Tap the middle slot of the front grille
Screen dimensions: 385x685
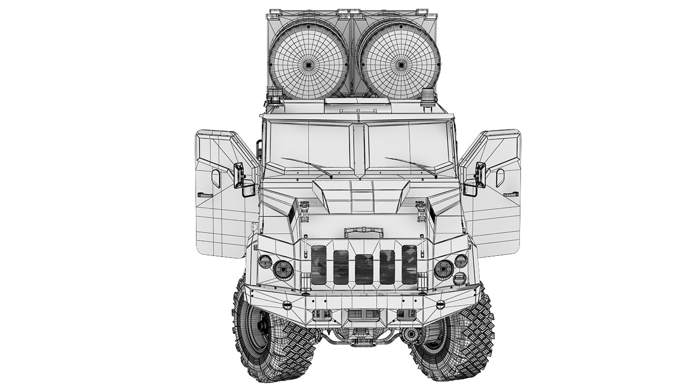(364, 269)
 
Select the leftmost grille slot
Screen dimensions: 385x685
(319, 265)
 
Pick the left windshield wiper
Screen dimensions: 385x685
(306, 167)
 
